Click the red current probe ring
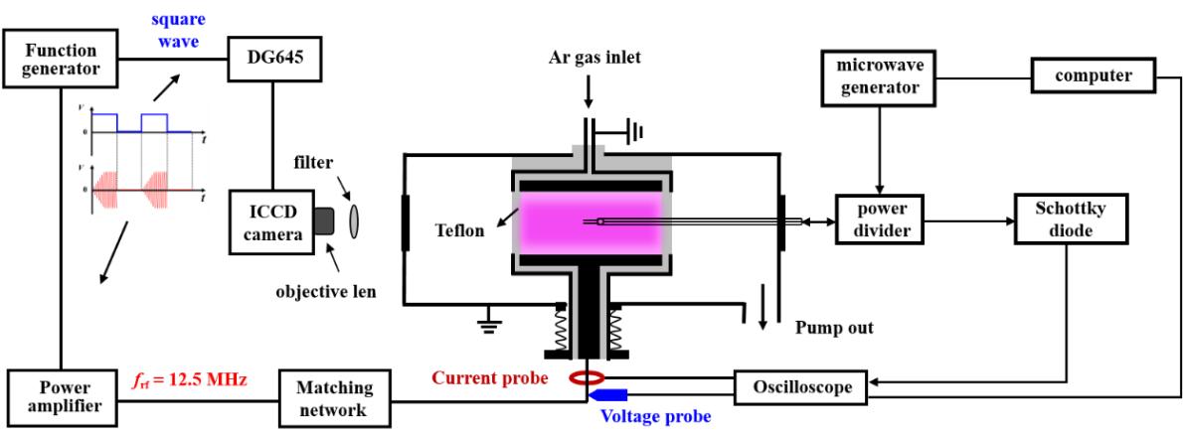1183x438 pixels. (589, 377)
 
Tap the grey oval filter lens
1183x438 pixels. (356, 219)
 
